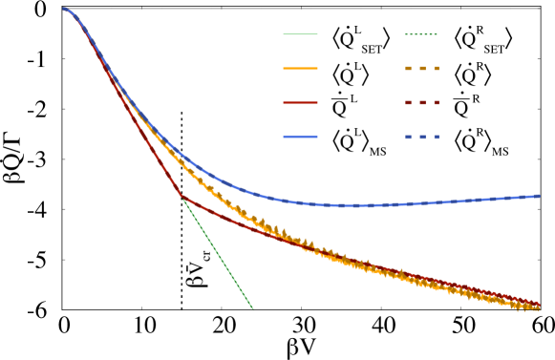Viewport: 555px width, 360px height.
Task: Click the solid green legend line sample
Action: pos(300,34)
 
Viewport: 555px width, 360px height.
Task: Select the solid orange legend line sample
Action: pos(300,69)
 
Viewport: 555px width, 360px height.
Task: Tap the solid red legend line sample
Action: pos(300,102)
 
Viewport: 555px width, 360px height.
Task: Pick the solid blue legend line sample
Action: pos(300,137)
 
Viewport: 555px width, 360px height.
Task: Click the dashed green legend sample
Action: pos(421,34)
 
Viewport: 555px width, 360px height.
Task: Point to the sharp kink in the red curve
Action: pos(181,196)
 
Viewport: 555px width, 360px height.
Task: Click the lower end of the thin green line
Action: pos(253,308)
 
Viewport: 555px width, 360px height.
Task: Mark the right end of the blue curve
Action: pos(538,196)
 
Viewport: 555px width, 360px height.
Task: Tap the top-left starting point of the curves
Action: pos(64,9)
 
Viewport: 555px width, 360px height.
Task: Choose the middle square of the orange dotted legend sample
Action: pos(422,69)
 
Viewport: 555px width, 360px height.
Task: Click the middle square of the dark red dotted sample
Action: pos(422,102)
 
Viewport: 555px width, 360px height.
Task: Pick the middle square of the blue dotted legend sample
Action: pos(422,137)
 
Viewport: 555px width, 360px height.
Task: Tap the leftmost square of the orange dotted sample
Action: pos(408,69)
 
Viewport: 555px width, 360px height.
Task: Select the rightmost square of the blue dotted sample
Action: pos(437,137)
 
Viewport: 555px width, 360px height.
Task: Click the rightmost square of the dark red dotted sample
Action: pos(437,102)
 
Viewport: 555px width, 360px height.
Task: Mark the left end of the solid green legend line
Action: pos(284,34)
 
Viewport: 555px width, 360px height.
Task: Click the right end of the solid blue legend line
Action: pos(317,137)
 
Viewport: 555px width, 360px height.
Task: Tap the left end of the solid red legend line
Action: pos(284,102)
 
